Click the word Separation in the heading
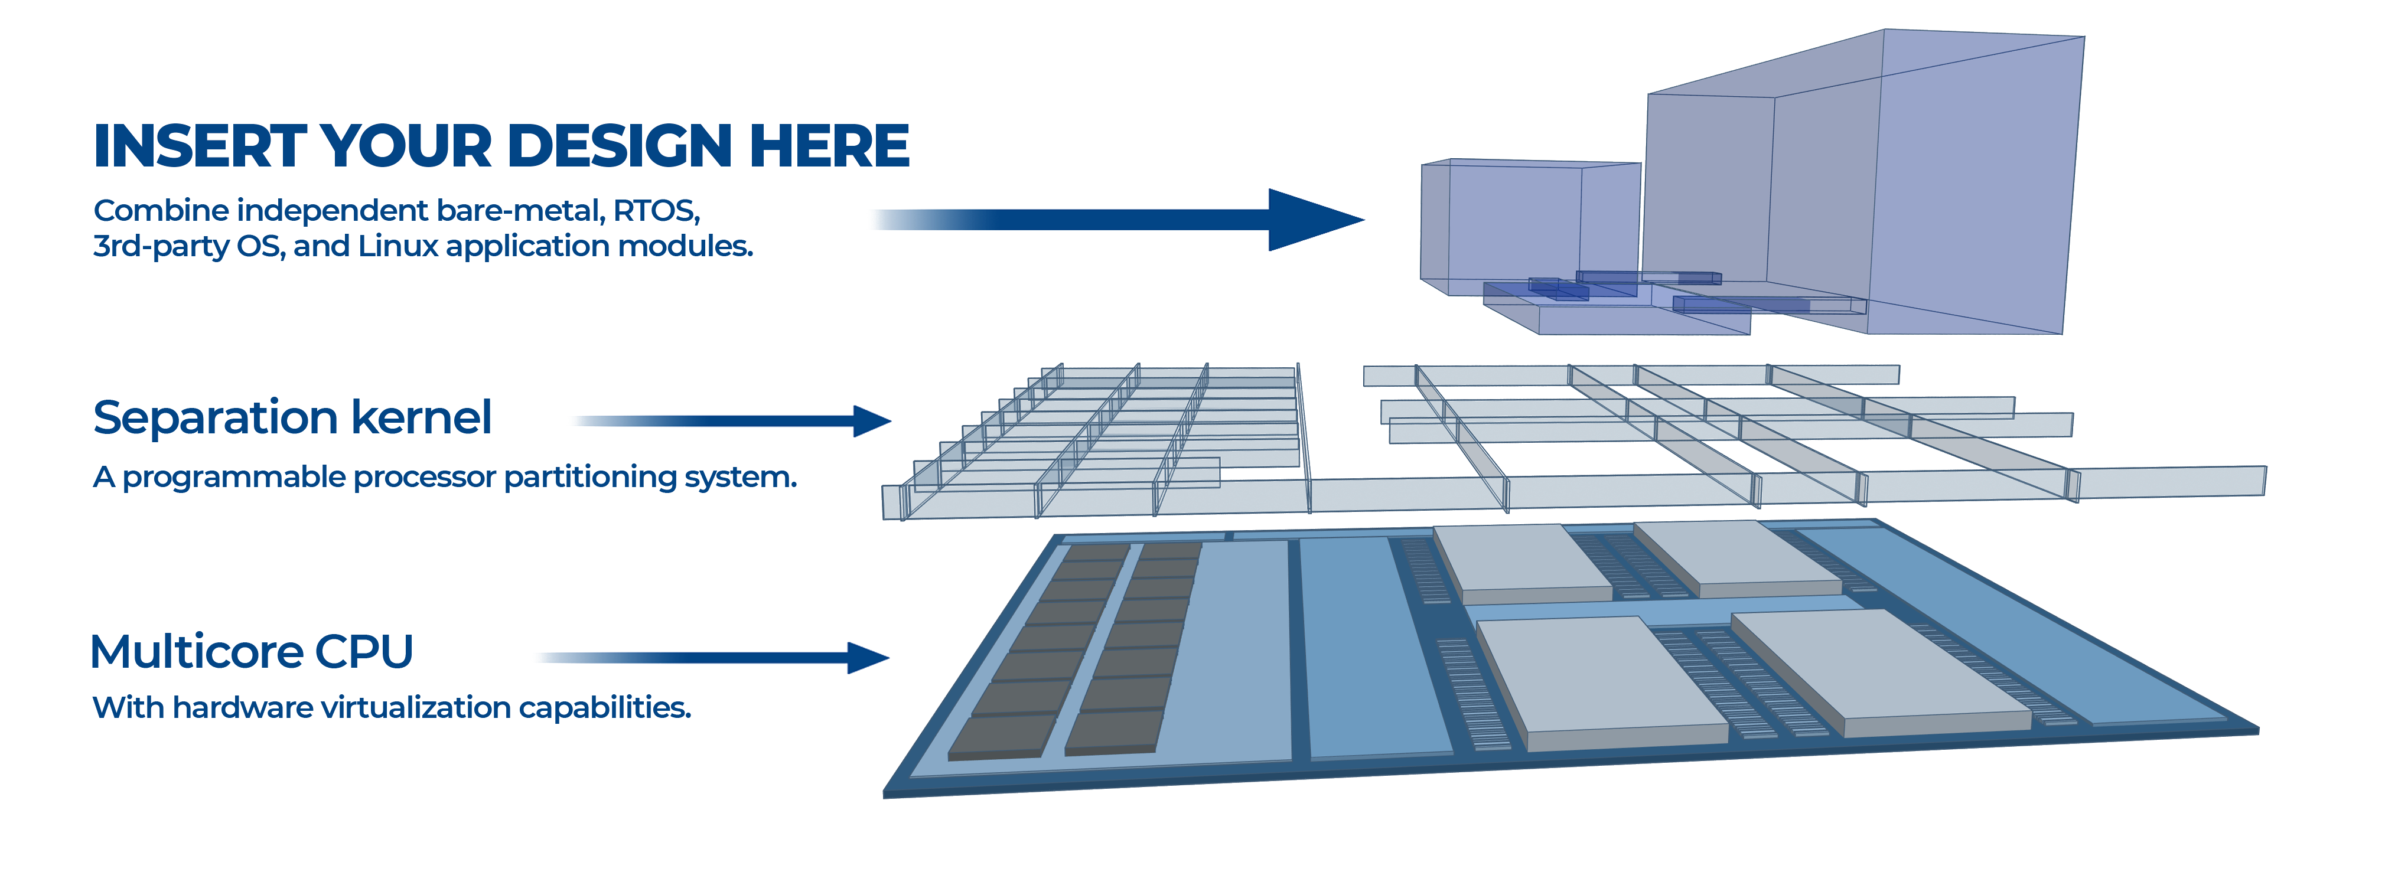tap(214, 419)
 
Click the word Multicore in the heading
tap(196, 652)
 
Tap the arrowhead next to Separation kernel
tap(870, 421)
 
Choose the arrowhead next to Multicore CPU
tap(868, 658)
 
